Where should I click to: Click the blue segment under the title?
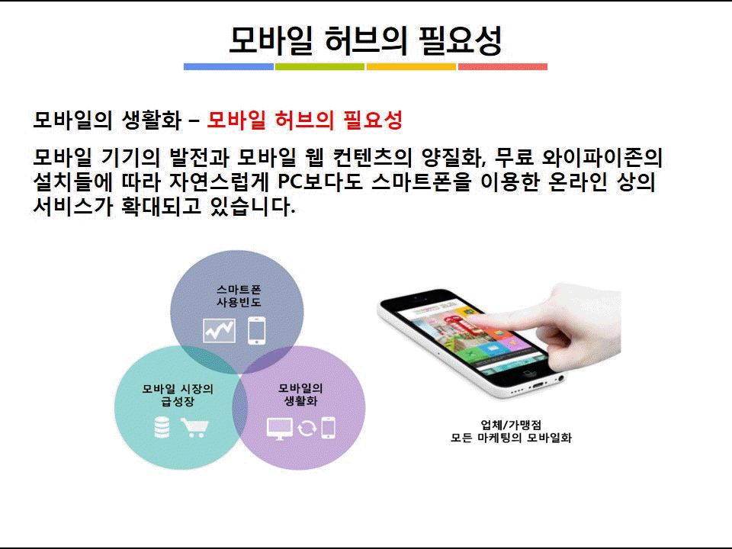coord(229,67)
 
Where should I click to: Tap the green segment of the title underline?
coord(319,67)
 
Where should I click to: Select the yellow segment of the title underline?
coord(411,67)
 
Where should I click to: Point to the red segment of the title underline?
coord(502,67)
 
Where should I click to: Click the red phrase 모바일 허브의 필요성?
coord(304,120)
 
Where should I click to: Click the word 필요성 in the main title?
coord(461,40)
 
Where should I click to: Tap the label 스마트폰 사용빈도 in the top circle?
coord(239,296)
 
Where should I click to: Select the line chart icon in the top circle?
coord(219,330)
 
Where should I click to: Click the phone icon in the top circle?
coord(257,330)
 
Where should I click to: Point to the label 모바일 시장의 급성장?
coord(178,395)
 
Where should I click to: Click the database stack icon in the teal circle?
coord(162,427)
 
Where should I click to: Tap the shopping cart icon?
coord(195,427)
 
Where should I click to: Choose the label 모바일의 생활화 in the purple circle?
coord(300,394)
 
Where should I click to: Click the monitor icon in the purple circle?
coord(280,429)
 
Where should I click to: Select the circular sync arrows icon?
coord(307,428)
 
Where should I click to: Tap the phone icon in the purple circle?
coord(328,428)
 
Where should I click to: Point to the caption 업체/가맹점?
coord(511,425)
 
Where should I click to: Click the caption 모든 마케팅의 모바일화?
coord(511,438)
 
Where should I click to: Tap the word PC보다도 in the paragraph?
coord(320,181)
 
